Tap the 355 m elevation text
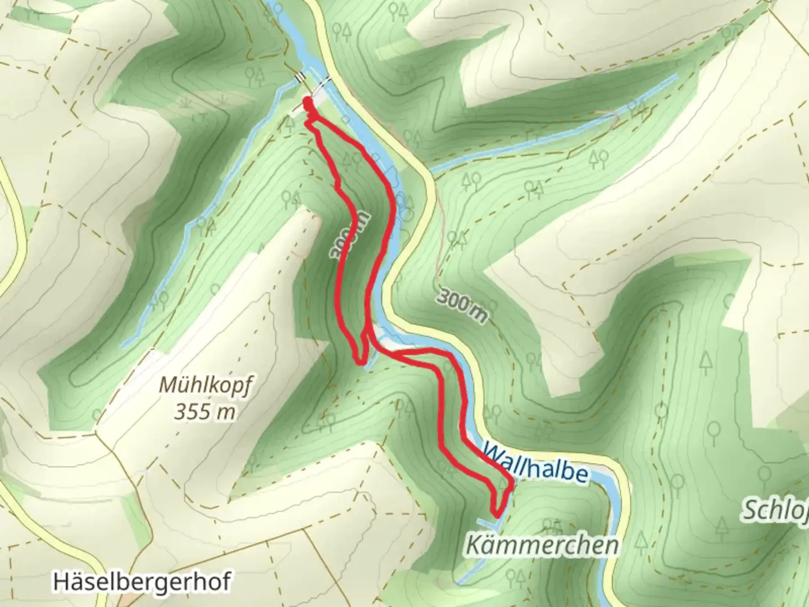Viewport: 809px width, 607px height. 203,412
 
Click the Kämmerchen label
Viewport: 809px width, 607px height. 542,545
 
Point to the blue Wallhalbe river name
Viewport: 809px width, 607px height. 535,463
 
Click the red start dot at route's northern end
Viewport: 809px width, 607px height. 307,102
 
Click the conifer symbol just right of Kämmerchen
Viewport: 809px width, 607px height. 640,541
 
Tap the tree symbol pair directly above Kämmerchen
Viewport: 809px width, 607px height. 552,526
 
